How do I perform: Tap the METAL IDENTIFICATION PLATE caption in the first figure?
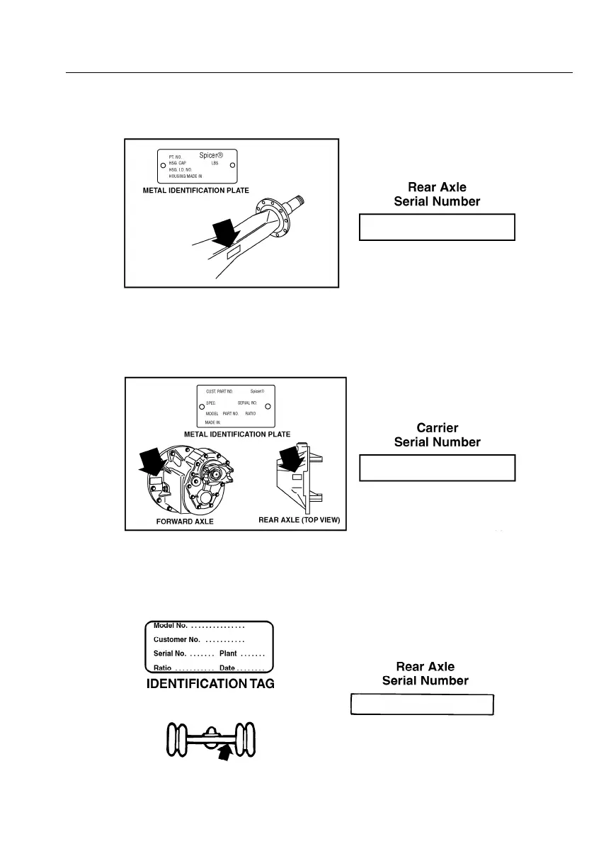click(x=196, y=191)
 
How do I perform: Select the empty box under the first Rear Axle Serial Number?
click(x=437, y=228)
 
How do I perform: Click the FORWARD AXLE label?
click(x=184, y=520)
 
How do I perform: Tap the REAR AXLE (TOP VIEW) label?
click(x=299, y=520)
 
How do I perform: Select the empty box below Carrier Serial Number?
click(x=437, y=468)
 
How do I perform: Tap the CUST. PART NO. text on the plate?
click(x=219, y=391)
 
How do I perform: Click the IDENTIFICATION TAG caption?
click(x=210, y=685)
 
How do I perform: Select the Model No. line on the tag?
click(x=199, y=626)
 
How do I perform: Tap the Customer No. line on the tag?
click(x=199, y=640)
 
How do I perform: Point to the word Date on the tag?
click(x=227, y=668)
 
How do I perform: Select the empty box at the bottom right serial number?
click(x=422, y=706)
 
